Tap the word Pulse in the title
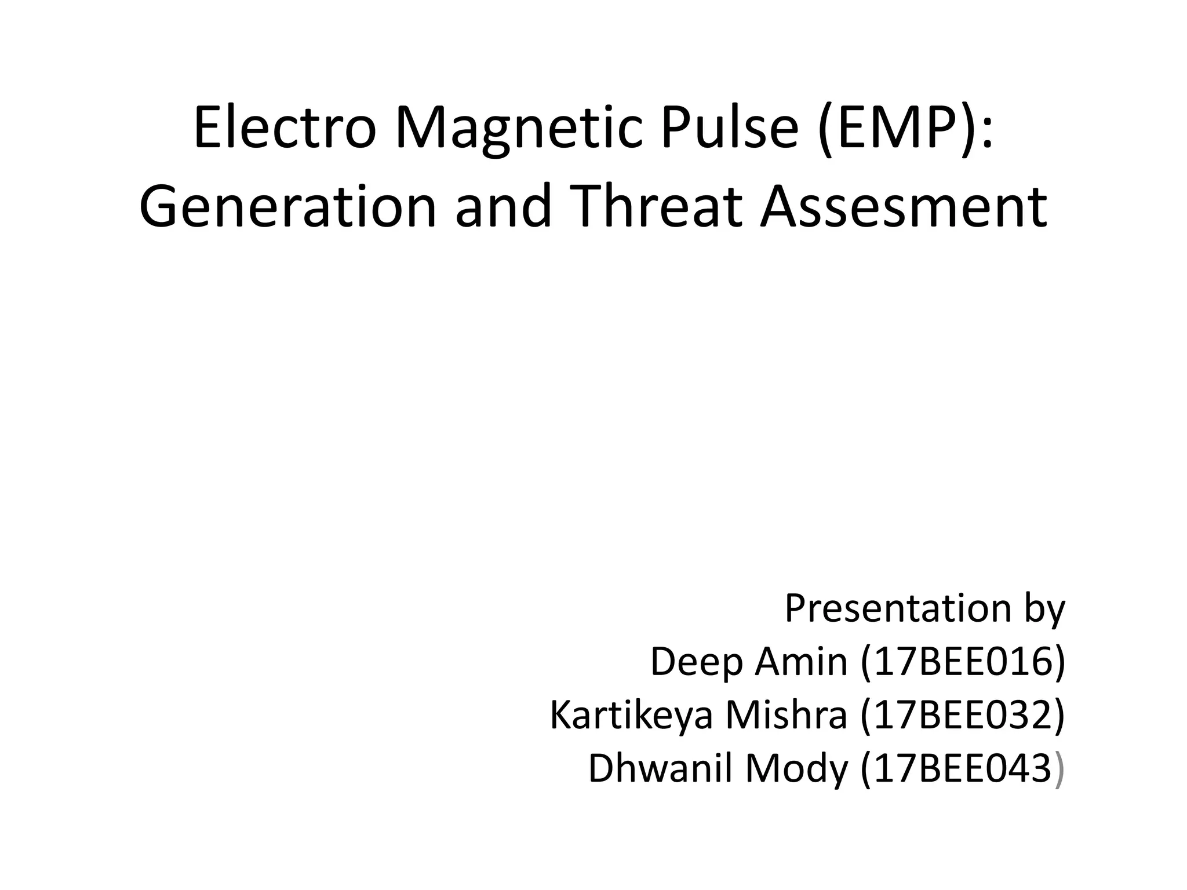730,128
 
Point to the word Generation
287,207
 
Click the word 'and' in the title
503,207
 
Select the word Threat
659,207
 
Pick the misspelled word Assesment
904,207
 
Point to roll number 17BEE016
963,662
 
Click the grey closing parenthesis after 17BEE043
1059,769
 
